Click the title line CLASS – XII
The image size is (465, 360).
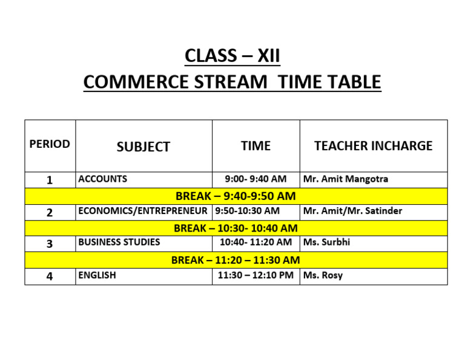tap(232, 56)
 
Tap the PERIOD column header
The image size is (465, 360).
tap(50, 144)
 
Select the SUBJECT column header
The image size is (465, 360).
tap(143, 147)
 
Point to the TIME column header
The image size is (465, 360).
tap(256, 146)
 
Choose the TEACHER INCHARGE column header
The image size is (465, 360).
tap(373, 146)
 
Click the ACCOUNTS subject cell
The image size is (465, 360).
tap(103, 179)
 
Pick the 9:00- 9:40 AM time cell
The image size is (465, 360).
tap(256, 179)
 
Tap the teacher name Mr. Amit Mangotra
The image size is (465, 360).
tap(346, 179)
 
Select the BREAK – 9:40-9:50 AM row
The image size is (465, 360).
tap(236, 196)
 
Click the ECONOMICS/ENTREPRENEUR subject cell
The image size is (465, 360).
tap(143, 212)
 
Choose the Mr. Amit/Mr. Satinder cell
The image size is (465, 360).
tap(352, 212)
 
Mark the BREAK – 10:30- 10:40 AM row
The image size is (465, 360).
tap(236, 228)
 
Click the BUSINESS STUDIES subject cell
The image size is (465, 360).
tap(119, 242)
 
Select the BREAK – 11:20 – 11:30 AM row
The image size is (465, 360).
tap(236, 260)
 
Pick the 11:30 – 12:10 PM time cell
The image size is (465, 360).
tap(256, 276)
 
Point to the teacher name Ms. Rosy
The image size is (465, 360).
tap(323, 276)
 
